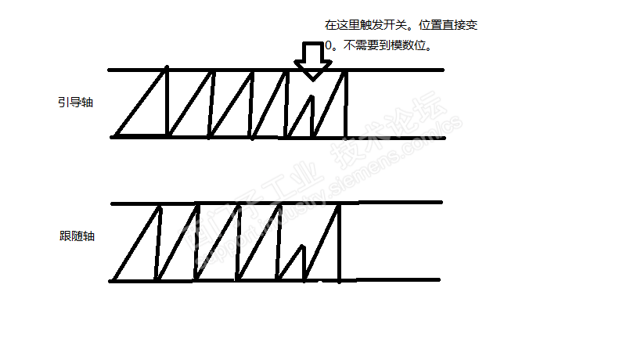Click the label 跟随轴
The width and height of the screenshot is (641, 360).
76,236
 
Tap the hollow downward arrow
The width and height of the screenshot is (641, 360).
312,60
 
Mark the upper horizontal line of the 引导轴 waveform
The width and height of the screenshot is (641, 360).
391,70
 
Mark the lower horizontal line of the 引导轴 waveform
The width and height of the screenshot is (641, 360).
391,138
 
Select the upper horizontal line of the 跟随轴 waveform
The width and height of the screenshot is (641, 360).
391,203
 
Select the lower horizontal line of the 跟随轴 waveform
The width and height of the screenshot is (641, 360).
391,279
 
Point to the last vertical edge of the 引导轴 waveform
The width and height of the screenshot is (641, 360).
345,103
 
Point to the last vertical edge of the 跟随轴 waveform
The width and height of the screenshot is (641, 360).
339,243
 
